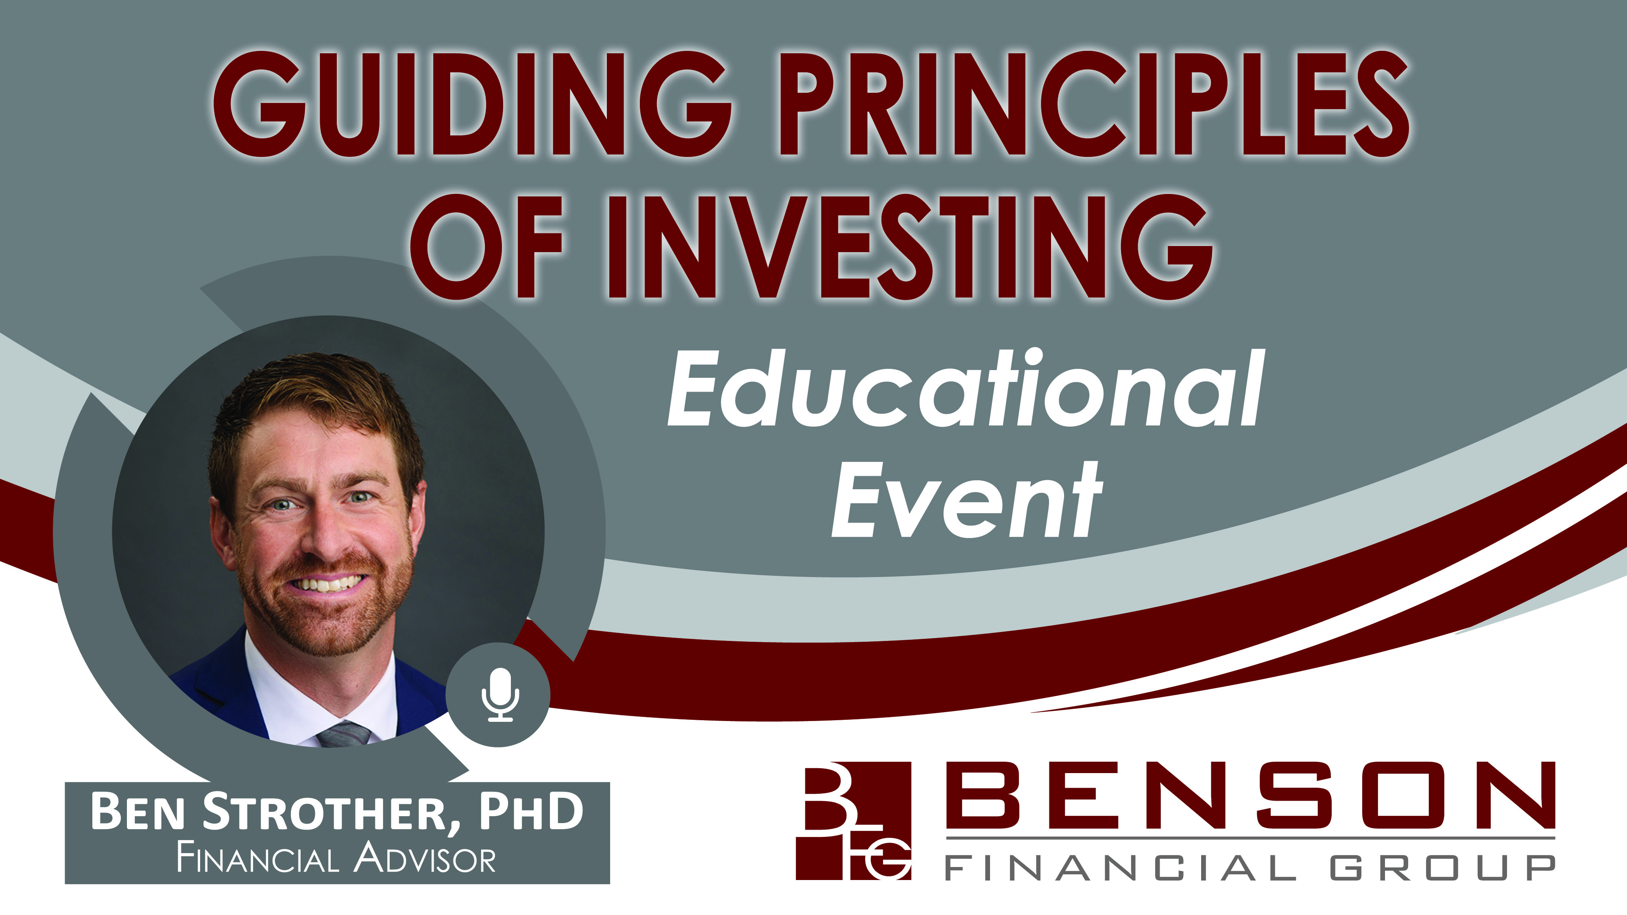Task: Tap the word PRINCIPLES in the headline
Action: click(x=1095, y=104)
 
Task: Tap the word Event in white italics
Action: click(x=967, y=499)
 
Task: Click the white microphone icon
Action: click(x=500, y=695)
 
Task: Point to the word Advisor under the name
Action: click(x=424, y=859)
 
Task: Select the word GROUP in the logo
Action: click(x=1443, y=868)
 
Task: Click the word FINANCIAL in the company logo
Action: click(x=1121, y=868)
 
